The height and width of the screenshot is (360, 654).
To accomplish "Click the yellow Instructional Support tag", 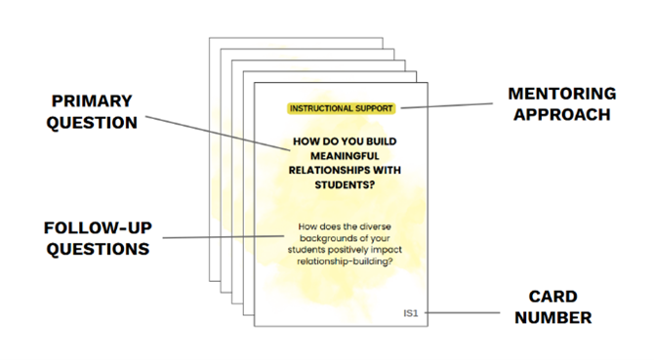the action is point(342,108).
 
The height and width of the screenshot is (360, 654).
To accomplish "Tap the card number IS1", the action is point(410,313).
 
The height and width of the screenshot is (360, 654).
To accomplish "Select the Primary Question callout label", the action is point(92,111).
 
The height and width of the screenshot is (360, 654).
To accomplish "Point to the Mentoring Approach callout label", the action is point(562,104).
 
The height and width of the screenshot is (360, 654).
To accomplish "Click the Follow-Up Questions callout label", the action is point(98,238).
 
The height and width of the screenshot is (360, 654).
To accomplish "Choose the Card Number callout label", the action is point(553,307).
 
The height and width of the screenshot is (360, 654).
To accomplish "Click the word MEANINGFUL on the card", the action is point(345,156).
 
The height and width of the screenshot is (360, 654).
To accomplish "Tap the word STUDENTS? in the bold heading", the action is point(345,184).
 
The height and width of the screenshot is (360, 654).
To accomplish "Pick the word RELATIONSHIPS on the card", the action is point(324,170).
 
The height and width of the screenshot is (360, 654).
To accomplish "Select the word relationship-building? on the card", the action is point(345,261).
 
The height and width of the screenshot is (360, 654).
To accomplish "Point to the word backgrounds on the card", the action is point(330,238).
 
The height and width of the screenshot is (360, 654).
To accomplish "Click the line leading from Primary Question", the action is point(218,133).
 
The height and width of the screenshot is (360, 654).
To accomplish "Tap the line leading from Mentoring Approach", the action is point(447,105).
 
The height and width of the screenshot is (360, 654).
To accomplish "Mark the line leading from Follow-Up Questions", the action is point(224,237).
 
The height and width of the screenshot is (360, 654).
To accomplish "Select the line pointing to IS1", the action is point(462,312).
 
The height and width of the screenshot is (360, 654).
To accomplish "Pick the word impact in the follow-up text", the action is point(388,250).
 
